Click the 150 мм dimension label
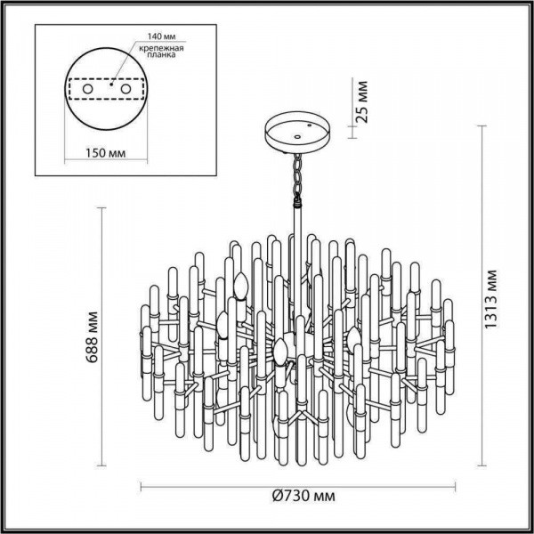(106, 153)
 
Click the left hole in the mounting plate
(87, 90)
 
